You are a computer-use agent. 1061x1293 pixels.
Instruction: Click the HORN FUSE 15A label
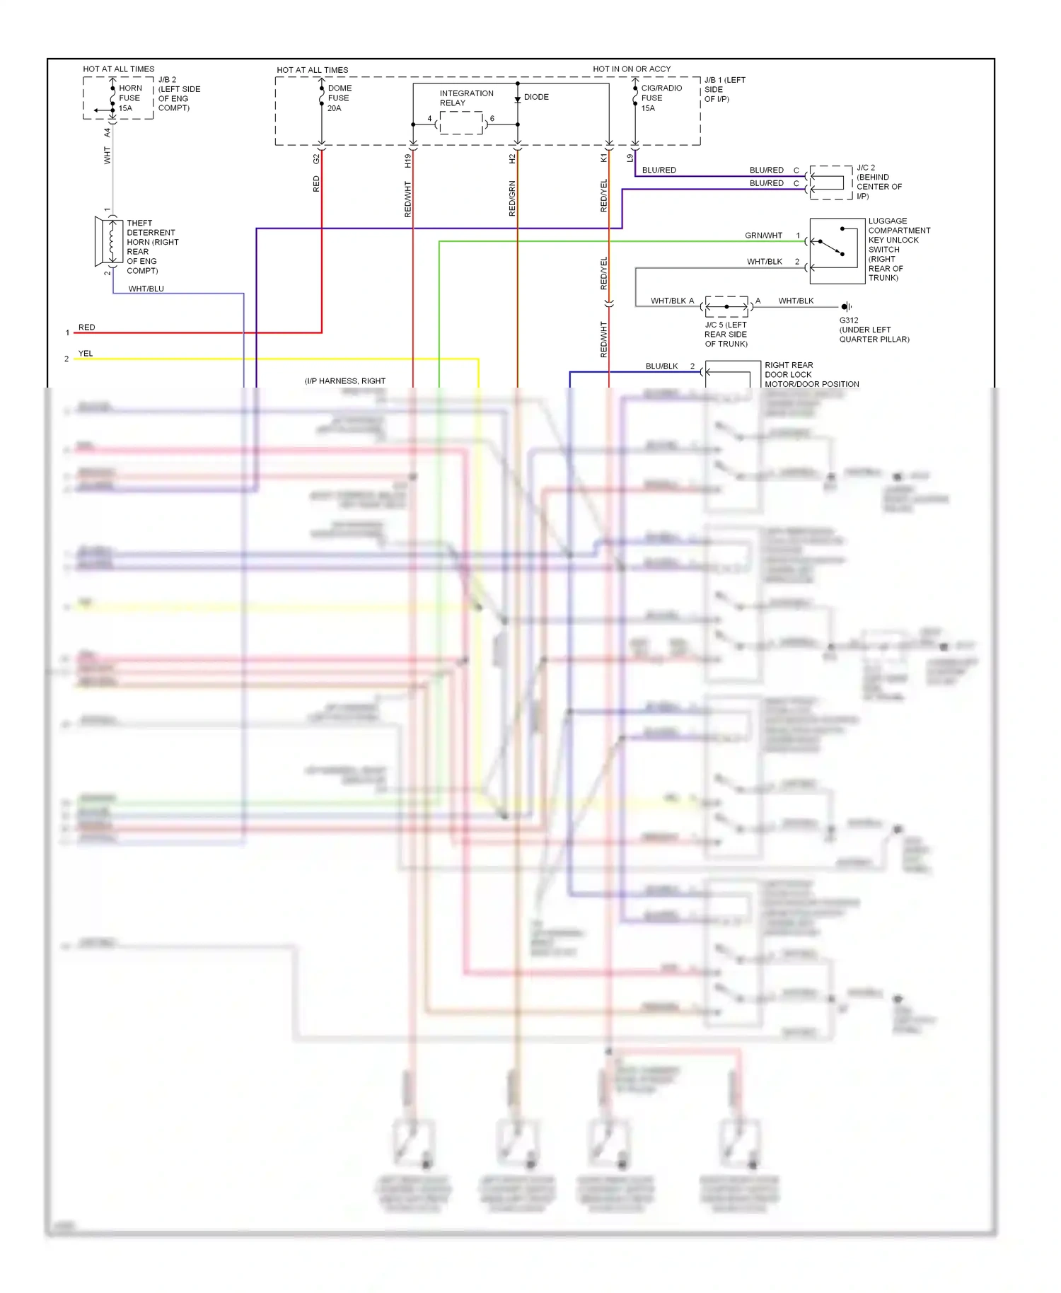pos(129,98)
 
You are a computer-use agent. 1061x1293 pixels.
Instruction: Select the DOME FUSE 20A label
pos(339,98)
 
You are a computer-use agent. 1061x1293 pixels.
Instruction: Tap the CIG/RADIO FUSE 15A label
pos(661,98)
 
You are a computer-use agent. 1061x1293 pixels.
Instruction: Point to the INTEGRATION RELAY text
pos(466,98)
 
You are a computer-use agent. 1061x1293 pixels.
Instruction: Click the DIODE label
pos(536,97)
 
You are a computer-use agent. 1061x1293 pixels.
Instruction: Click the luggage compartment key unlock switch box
pos(837,250)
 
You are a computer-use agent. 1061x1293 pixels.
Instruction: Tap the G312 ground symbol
pos(845,306)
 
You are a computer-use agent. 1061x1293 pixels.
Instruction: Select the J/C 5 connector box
pos(726,306)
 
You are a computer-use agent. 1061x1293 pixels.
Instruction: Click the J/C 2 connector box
pos(830,182)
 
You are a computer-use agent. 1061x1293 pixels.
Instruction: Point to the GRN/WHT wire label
pos(763,236)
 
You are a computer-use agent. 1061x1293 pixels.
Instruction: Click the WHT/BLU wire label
pos(146,289)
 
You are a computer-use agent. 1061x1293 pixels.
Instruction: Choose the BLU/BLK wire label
pos(661,366)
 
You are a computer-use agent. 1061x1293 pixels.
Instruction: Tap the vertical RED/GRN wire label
pos(512,199)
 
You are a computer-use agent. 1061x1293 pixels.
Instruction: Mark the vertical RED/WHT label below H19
pos(407,199)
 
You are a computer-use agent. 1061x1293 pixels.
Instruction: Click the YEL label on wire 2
pos(86,354)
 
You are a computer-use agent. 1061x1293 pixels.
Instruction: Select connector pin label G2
pos(315,159)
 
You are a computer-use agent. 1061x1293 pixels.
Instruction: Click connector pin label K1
pos(603,158)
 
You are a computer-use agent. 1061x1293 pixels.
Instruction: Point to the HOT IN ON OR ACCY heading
pos(632,69)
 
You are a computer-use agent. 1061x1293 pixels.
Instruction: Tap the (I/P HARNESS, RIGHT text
pos(345,381)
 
